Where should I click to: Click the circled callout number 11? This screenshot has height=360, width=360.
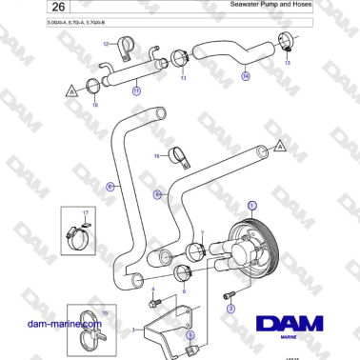136,91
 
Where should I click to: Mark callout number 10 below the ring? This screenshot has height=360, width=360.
93,104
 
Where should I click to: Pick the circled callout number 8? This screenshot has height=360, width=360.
110,188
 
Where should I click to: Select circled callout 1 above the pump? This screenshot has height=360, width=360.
252,206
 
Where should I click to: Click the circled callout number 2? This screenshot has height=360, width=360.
230,309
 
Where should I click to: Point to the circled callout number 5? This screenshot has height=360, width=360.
190,334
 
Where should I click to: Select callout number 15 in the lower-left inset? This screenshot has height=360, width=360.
106,311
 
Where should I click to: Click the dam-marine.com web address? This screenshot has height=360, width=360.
65,324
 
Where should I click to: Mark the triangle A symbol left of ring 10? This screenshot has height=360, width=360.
69,90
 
